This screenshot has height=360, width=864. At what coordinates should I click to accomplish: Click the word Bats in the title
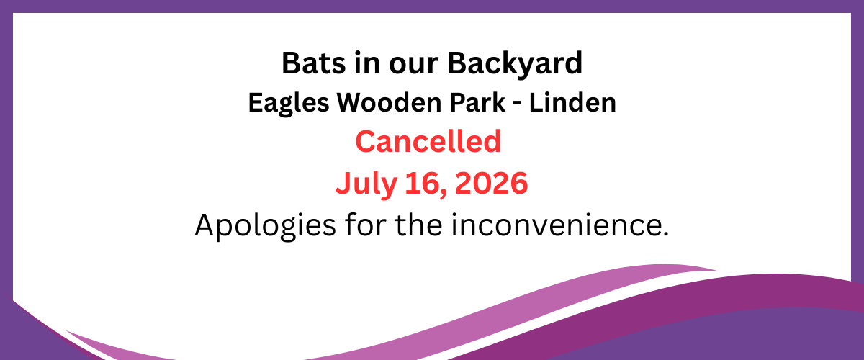(x=314, y=63)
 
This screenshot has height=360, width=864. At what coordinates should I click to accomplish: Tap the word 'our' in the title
(x=413, y=66)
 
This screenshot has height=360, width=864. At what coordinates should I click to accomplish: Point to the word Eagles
(x=289, y=104)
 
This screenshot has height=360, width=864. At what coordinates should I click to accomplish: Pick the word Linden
(x=572, y=102)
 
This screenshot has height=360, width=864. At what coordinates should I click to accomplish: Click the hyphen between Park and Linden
(x=517, y=105)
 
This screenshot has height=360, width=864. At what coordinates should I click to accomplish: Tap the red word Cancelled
(x=428, y=141)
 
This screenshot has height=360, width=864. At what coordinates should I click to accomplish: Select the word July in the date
(x=366, y=184)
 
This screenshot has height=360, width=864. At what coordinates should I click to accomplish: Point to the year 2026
(x=491, y=183)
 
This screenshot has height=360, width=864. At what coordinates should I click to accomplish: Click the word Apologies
(x=266, y=226)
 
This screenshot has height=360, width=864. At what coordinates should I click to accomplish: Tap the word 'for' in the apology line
(x=366, y=224)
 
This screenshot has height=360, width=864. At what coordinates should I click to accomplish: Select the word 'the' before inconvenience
(x=419, y=224)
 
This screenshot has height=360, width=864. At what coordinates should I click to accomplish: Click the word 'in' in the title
(x=366, y=63)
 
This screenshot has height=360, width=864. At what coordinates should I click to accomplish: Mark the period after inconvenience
(x=665, y=233)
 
